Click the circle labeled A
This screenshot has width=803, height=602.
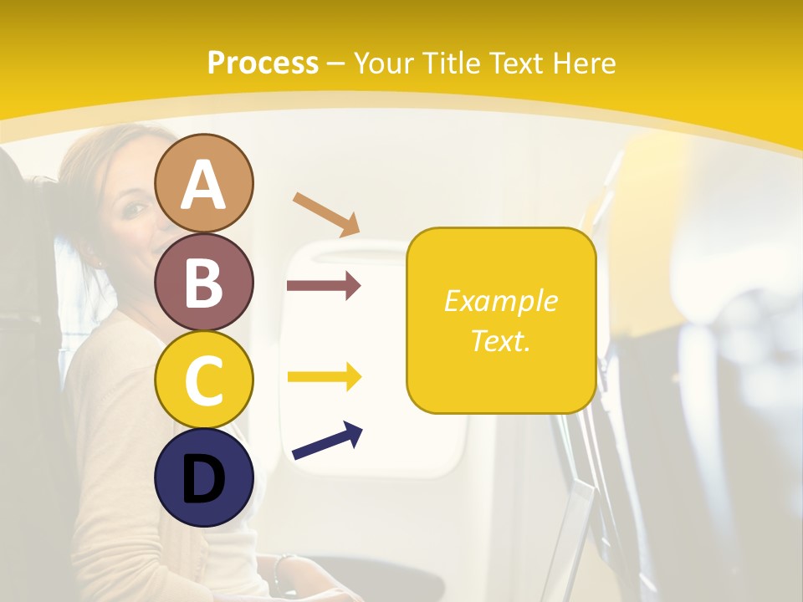click(204, 183)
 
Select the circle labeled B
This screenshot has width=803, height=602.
click(204, 282)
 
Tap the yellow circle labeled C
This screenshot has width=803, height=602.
click(204, 380)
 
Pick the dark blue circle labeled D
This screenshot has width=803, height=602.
click(204, 477)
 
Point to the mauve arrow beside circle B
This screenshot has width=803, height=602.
click(324, 286)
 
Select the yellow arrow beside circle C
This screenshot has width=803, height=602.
click(324, 377)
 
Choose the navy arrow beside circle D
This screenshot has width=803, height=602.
click(327, 441)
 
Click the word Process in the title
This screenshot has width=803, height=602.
click(263, 64)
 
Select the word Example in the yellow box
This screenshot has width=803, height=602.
click(501, 301)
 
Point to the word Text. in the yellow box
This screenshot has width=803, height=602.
click(501, 340)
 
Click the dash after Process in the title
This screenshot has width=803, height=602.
click(336, 64)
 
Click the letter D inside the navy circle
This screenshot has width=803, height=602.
click(204, 479)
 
